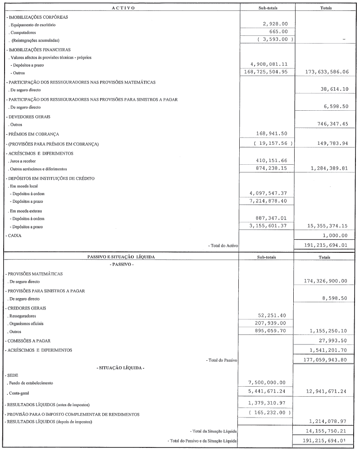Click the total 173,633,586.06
pyautogui.click(x=321, y=72)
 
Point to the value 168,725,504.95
pyautogui.click(x=269, y=72)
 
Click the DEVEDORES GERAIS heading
pyautogui.click(x=28, y=117)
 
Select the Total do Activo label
pyautogui.click(x=224, y=246)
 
